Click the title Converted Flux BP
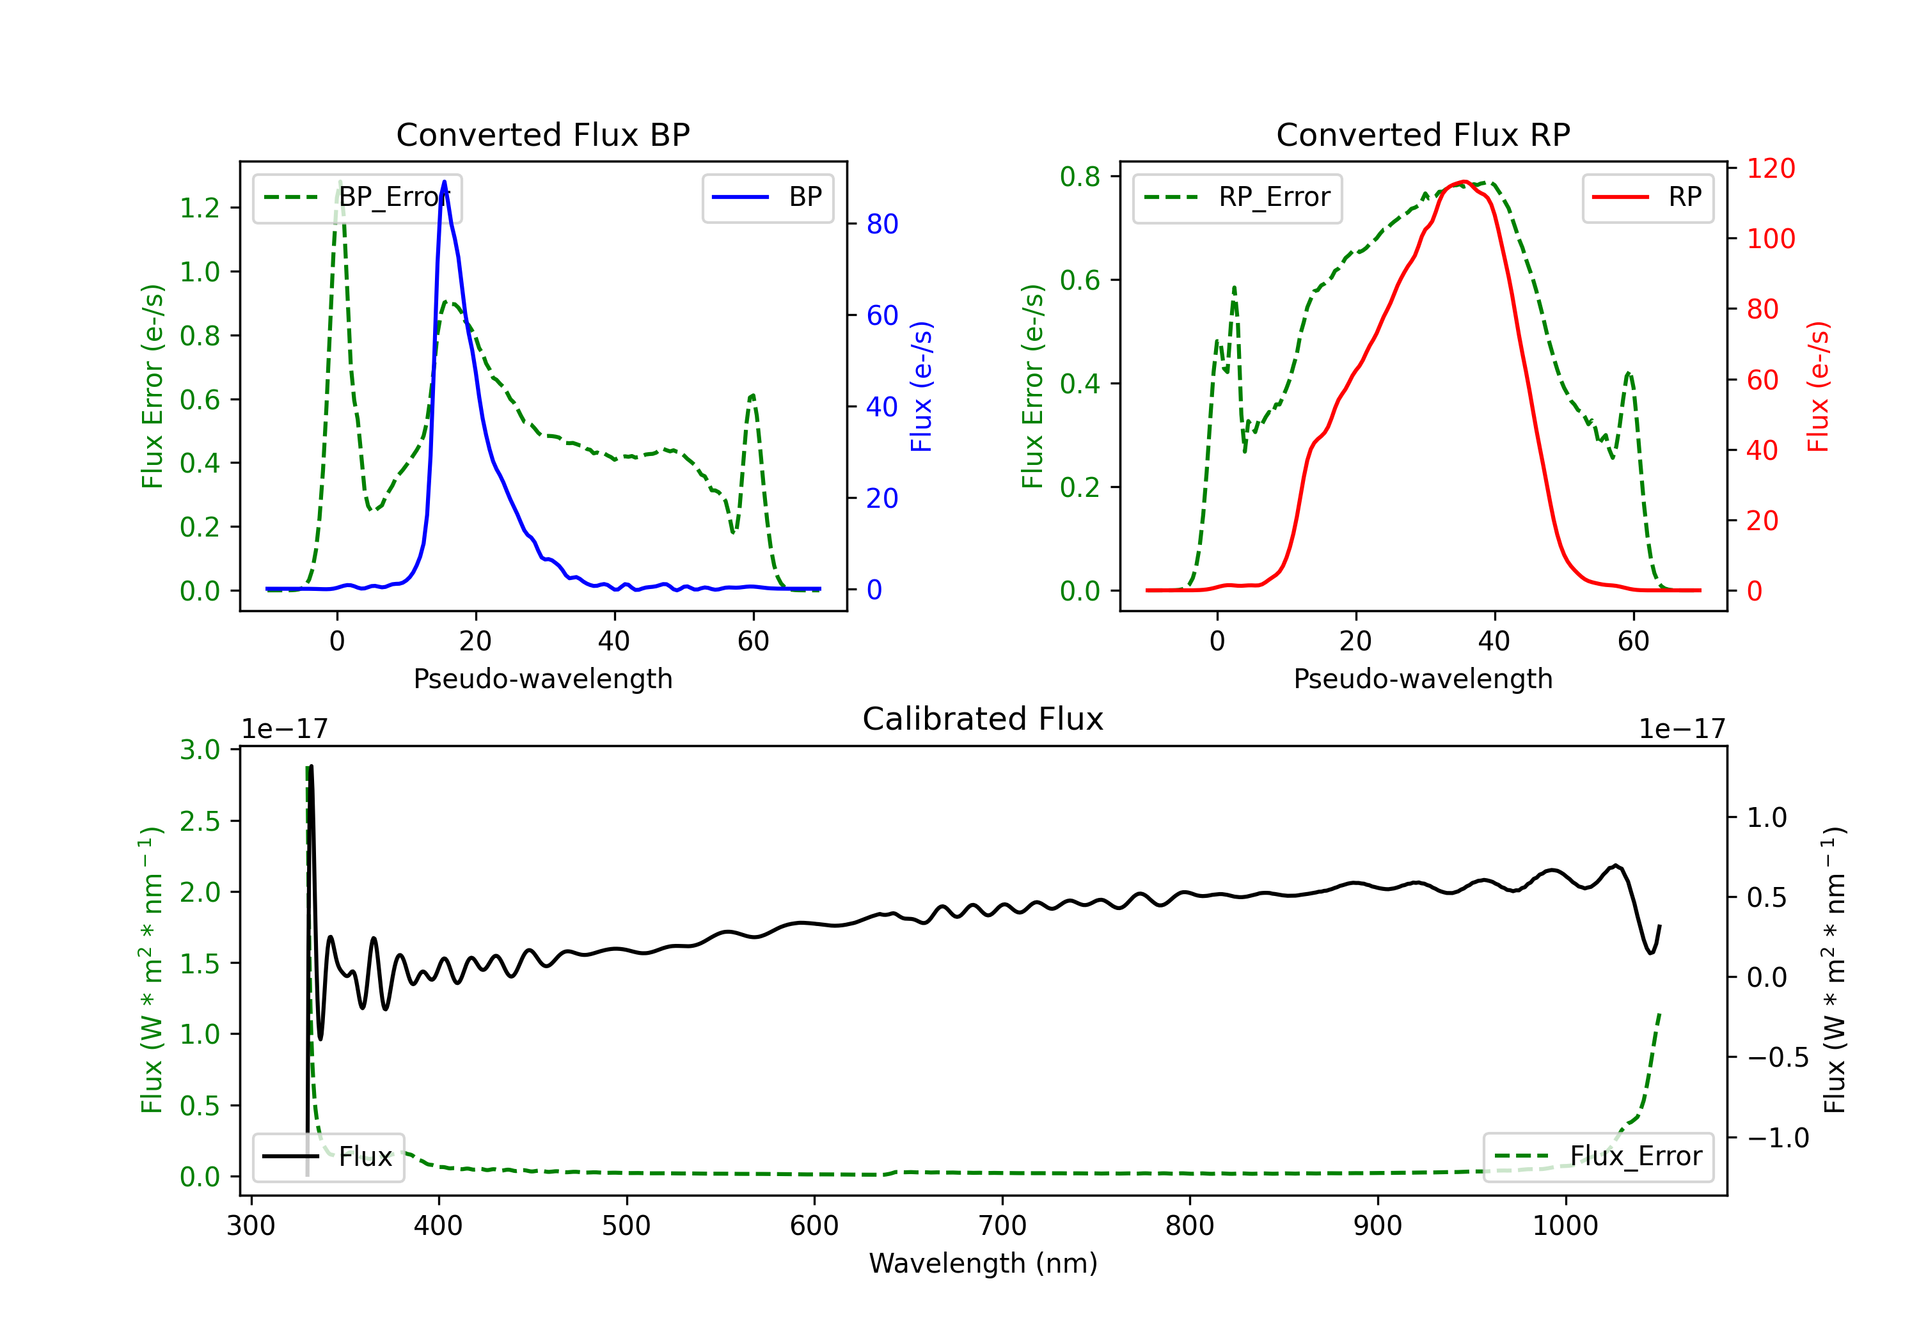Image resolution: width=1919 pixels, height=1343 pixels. [x=543, y=134]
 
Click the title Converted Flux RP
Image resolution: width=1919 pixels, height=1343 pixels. [x=1423, y=134]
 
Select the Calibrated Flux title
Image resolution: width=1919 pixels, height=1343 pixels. [x=983, y=719]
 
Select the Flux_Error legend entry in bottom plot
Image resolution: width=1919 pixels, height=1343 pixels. [x=1598, y=1157]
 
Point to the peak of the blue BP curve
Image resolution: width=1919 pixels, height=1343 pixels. [x=444, y=182]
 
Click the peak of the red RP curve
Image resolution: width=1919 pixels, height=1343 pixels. [x=1464, y=182]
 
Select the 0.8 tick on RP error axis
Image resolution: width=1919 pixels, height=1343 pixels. [x=1080, y=177]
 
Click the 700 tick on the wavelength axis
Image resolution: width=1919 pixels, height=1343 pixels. [x=1002, y=1226]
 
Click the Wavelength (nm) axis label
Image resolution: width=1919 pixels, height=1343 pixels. [x=983, y=1263]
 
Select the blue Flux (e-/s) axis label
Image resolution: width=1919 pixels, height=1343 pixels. [x=920, y=387]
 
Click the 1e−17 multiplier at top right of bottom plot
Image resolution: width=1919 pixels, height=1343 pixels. [x=1682, y=730]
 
